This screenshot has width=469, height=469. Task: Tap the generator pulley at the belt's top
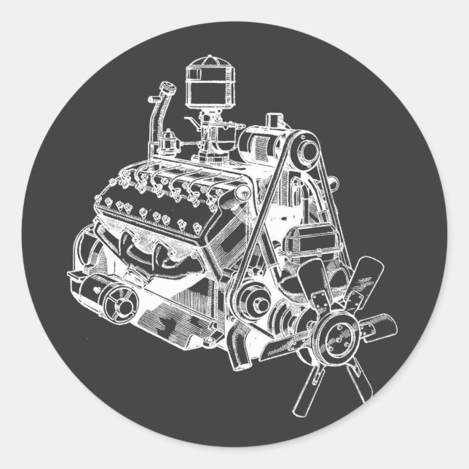pos(307,151)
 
